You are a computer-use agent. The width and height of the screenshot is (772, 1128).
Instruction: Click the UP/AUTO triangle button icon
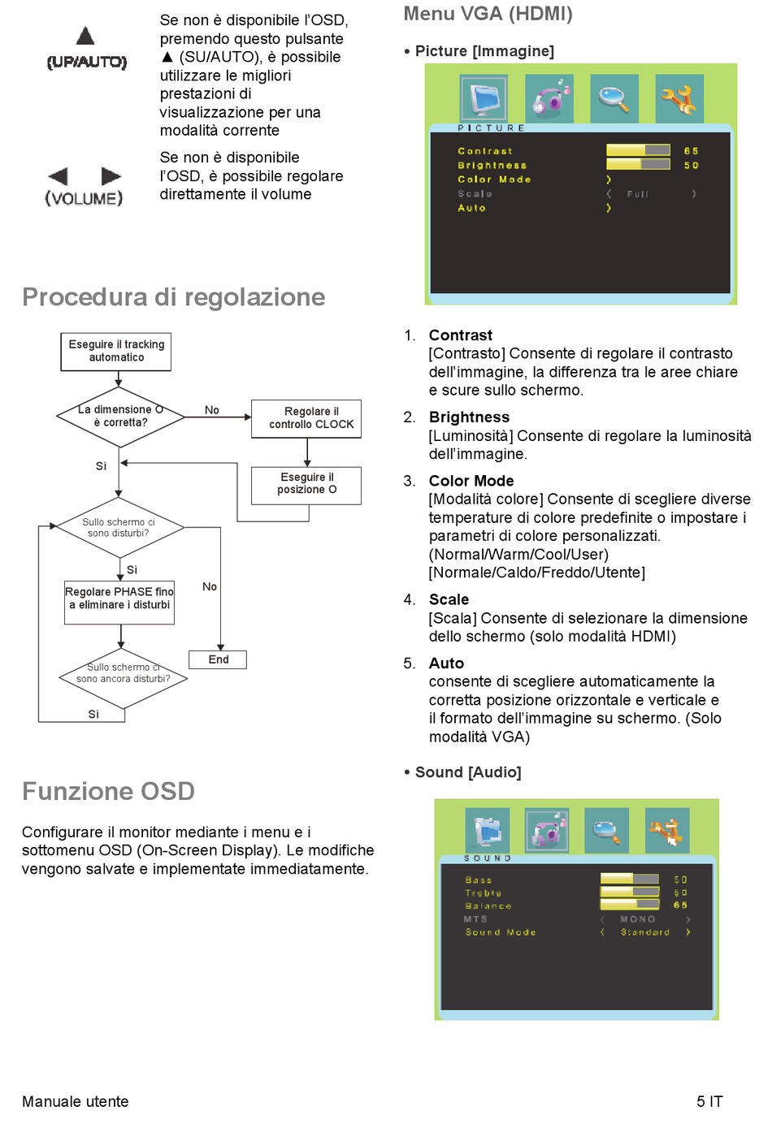coord(85,36)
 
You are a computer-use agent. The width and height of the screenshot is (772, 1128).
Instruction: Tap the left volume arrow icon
coord(58,176)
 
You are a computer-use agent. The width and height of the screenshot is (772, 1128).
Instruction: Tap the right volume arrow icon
coord(111,176)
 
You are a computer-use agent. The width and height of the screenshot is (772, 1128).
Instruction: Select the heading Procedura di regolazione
coord(174,297)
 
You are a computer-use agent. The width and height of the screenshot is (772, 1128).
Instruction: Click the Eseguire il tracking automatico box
coord(116,352)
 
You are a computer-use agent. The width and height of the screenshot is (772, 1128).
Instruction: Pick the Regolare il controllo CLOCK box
coord(306,418)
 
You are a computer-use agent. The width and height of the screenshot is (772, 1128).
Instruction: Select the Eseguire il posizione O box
coord(306,484)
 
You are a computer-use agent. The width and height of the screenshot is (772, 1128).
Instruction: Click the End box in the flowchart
coord(218,659)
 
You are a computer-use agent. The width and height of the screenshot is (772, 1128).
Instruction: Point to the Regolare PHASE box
coord(119,602)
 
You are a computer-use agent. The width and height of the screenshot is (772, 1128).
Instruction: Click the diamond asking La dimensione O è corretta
coord(119,416)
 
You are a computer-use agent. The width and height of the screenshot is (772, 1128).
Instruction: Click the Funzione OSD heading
coord(109,791)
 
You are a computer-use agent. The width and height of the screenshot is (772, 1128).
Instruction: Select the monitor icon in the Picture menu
coord(484,99)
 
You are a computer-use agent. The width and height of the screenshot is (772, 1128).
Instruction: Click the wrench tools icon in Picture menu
coord(679,99)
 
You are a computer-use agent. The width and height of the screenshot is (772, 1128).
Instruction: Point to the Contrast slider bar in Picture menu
coord(638,150)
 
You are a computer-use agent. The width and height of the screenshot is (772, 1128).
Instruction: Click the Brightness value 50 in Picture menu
coord(691,165)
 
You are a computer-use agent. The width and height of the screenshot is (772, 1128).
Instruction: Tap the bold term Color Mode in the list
coord(471,481)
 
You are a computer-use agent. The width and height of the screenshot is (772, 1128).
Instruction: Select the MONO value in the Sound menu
coord(637,919)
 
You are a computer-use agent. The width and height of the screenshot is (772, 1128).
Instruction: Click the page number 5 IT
coord(709,1101)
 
